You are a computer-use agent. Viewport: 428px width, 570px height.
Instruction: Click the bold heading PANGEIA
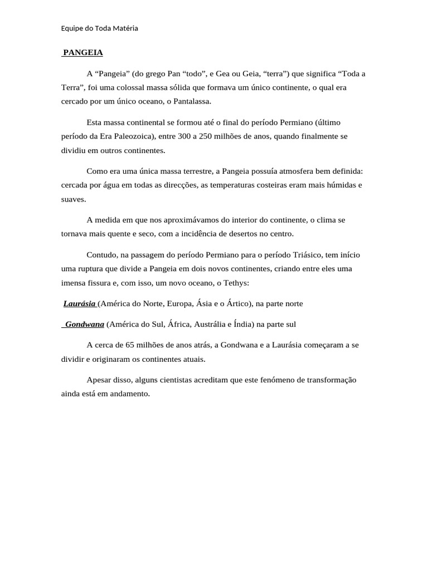pos(82,53)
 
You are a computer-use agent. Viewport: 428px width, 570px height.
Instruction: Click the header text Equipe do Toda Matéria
pos(99,28)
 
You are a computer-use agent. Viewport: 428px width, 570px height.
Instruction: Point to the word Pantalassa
pos(192,102)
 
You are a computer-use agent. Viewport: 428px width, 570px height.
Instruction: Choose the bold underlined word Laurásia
pos(79,304)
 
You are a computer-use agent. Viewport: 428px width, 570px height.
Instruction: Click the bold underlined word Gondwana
pos(85,325)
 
